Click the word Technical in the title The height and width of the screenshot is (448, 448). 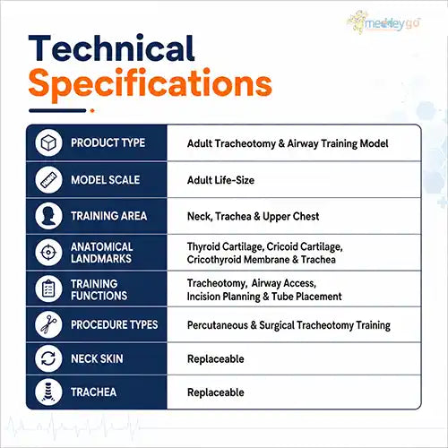tap(111, 48)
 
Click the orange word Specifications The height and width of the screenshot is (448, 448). tap(150, 84)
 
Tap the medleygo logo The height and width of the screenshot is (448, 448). tap(384, 22)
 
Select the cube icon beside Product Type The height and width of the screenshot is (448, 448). tap(48, 142)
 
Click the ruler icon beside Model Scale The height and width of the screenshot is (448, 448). tap(48, 179)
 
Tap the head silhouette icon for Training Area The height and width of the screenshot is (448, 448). tap(48, 216)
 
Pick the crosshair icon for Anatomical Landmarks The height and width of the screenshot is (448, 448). tap(48, 253)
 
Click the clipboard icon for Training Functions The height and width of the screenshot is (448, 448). tap(48, 289)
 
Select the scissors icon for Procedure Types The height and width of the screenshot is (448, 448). tap(48, 324)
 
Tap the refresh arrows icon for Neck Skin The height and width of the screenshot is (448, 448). tap(48, 358)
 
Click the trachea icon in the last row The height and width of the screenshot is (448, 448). tap(48, 392)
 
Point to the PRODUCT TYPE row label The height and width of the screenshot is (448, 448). tap(108, 142)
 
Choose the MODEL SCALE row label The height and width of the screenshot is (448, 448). tap(106, 180)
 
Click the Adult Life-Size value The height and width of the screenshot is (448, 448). tap(220, 180)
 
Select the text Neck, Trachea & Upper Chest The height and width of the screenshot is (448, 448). tap(253, 216)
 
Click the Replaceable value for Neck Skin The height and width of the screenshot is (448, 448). tap(216, 358)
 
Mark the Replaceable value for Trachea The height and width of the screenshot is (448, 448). tap(216, 392)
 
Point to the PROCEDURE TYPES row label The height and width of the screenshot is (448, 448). tap(115, 324)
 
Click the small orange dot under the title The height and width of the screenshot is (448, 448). tap(92, 111)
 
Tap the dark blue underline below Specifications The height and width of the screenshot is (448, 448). tap(57, 111)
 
